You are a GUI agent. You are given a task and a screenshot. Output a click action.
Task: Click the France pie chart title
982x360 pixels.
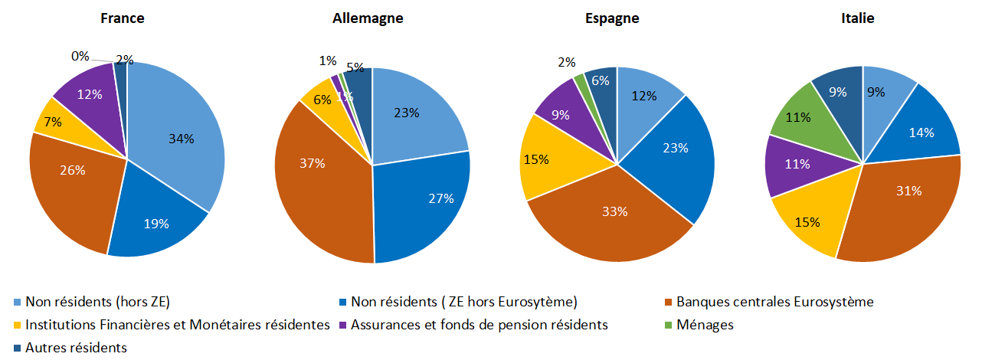click(123, 18)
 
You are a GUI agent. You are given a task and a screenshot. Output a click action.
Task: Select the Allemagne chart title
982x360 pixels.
click(368, 18)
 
